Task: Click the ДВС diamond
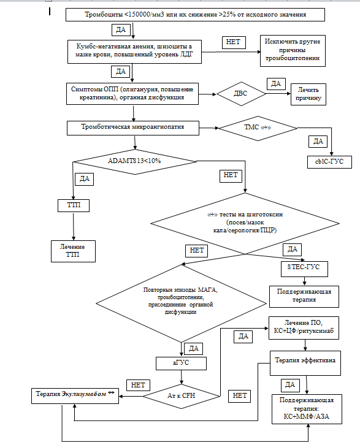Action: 241,94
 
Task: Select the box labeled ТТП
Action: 74,205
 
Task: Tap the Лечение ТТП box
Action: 74,251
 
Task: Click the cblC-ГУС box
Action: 329,162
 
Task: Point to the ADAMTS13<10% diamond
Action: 134,162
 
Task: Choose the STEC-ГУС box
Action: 304,269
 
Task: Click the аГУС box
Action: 181,364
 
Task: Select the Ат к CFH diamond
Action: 182,396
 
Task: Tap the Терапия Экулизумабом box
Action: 75,396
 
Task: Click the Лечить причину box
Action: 308,94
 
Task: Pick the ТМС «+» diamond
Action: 258,128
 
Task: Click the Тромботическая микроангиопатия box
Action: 133,128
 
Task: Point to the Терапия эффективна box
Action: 305,363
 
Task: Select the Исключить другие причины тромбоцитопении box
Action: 293,51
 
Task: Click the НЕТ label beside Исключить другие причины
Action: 234,42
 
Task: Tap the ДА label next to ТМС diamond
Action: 318,142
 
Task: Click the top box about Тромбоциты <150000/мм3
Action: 195,15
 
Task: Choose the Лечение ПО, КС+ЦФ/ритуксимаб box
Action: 304,328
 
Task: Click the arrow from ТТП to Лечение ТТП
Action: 74,226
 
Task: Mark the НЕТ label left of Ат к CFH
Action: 138,386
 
